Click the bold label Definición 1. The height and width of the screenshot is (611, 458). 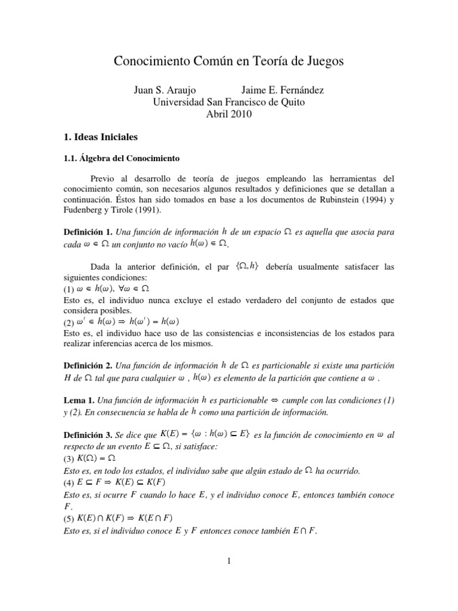pos(88,232)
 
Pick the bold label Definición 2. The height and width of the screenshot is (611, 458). pos(88,365)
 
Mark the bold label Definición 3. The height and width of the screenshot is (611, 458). pos(88,436)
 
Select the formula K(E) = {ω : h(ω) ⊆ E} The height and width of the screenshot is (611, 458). pos(205,436)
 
